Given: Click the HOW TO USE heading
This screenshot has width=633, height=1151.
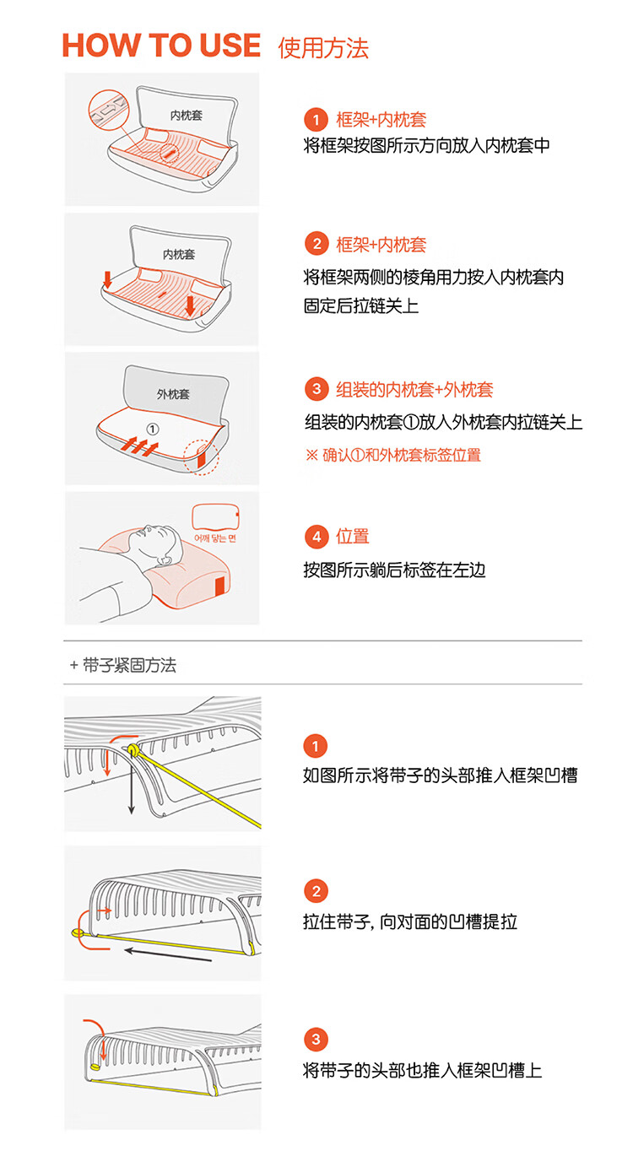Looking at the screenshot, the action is [161, 46].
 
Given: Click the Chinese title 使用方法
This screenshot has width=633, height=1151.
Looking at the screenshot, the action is [323, 48].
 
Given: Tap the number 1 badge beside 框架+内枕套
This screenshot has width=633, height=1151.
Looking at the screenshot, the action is [316, 120].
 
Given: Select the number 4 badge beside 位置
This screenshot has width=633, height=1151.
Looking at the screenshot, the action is [316, 537].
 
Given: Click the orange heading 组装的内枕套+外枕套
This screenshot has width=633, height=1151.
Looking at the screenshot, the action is [414, 390].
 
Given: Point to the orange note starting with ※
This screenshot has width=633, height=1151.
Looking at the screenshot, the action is [393, 455].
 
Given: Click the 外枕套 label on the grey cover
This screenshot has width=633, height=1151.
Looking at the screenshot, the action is [173, 394].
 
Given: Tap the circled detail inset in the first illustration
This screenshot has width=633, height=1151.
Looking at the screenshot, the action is [108, 110].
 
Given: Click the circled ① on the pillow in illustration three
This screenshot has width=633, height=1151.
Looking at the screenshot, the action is [153, 429].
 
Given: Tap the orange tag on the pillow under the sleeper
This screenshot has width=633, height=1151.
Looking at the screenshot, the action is [220, 586].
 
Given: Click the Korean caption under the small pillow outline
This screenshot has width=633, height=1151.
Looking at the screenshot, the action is [214, 538].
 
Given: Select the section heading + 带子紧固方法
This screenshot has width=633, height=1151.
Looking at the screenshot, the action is [123, 666].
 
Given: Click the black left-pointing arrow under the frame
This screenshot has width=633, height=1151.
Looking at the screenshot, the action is [168, 954].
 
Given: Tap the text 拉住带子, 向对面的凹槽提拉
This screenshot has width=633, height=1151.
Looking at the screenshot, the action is [410, 921].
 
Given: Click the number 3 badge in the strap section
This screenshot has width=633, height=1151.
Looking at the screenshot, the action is [316, 1040].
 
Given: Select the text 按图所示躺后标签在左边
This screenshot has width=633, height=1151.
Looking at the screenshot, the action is [395, 570].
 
